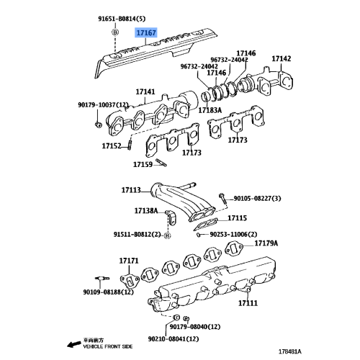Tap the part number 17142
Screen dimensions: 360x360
point(282,58)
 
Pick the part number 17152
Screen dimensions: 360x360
point(111,146)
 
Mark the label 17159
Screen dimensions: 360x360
point(143,163)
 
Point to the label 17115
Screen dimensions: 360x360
point(237,217)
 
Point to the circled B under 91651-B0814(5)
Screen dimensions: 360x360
point(114,33)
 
